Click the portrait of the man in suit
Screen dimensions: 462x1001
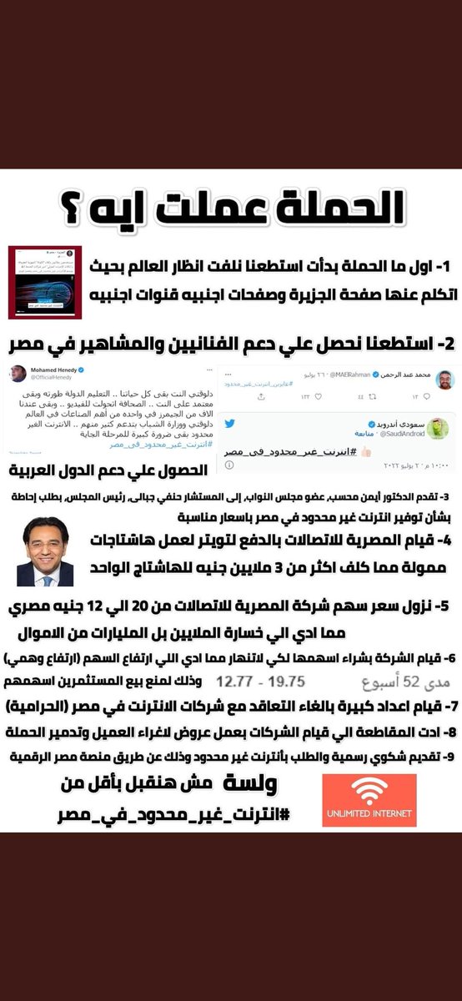[x=45, y=551]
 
